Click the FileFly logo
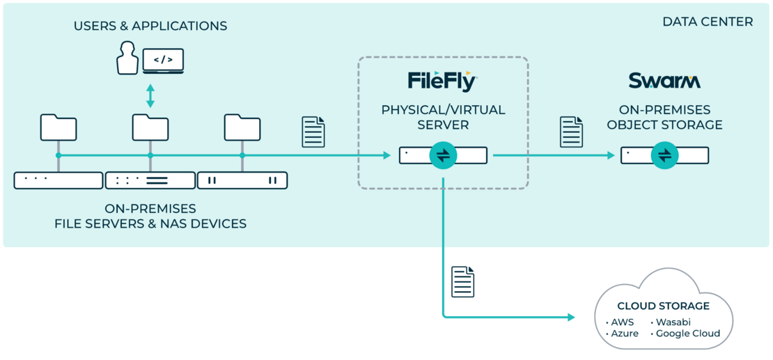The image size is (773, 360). click(x=442, y=81)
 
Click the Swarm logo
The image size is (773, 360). click(x=664, y=81)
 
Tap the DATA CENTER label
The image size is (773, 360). click(x=708, y=22)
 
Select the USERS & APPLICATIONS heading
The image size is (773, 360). click(x=150, y=26)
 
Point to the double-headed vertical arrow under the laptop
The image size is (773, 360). click(x=150, y=95)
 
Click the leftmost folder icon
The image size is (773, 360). click(x=58, y=128)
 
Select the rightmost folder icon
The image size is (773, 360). click(x=242, y=128)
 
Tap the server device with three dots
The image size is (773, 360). click(x=58, y=180)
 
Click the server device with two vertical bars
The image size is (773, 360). click(x=242, y=180)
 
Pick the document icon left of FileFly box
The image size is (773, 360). click(x=313, y=132)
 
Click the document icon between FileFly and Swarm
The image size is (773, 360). click(x=572, y=132)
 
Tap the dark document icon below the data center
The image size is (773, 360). click(x=463, y=281)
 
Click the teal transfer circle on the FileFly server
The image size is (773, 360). click(x=443, y=155)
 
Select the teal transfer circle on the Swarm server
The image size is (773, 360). click(x=664, y=155)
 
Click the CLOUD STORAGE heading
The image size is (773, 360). click(x=663, y=306)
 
